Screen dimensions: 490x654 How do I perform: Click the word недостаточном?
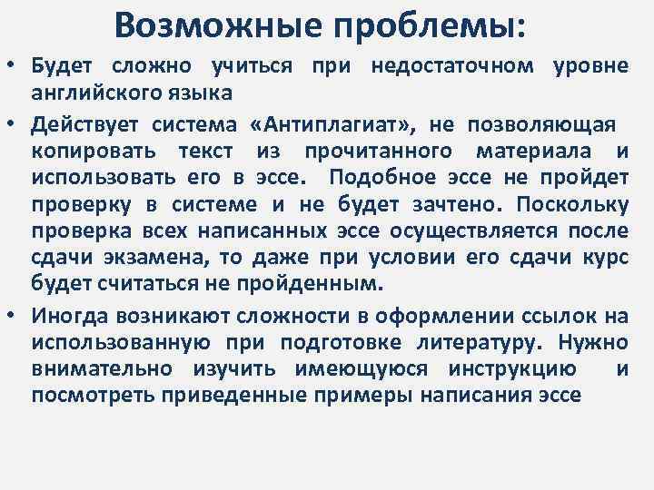tap(454, 67)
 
